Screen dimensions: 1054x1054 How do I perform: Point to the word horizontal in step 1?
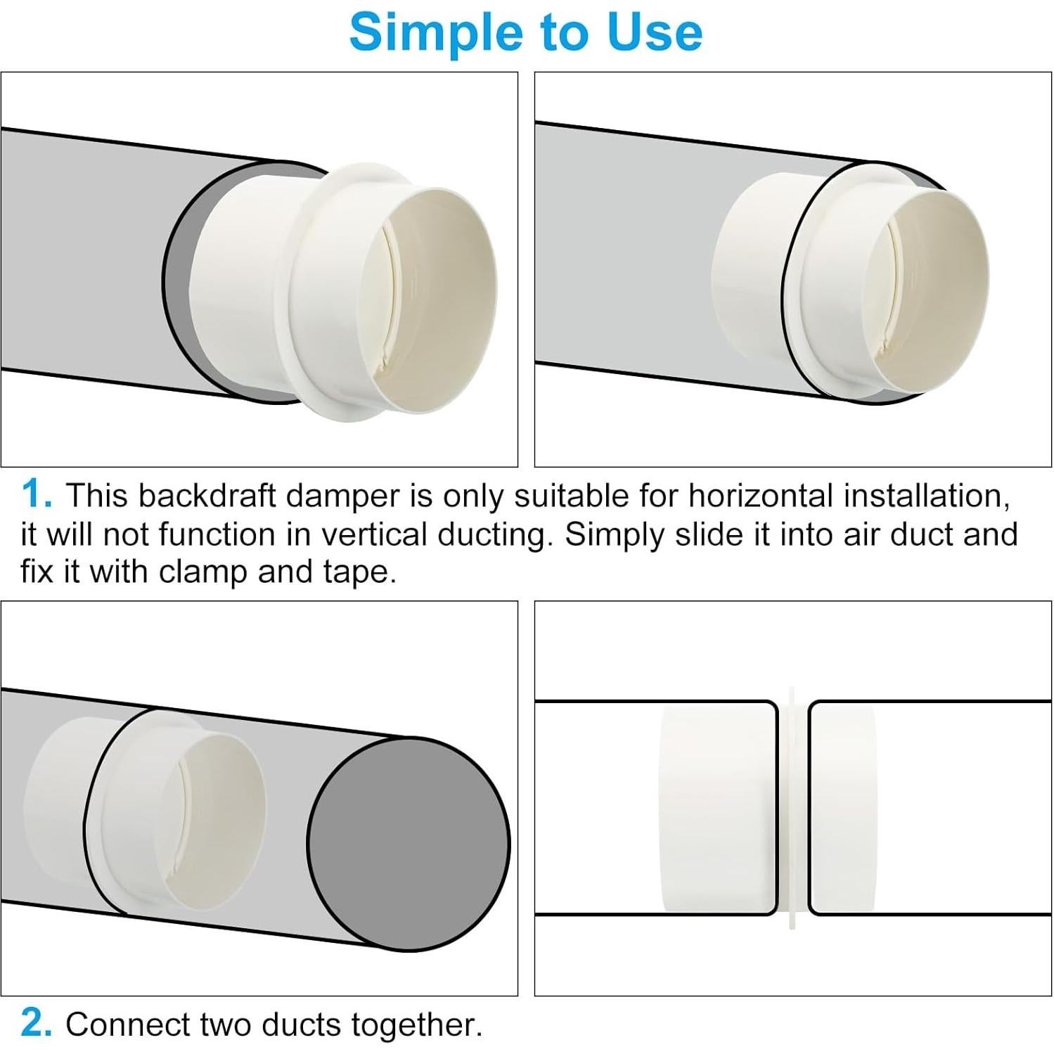click(x=760, y=496)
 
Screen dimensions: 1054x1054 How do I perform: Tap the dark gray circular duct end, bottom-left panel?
click(x=409, y=844)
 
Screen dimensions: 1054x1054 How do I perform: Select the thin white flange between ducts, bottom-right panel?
click(x=793, y=809)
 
